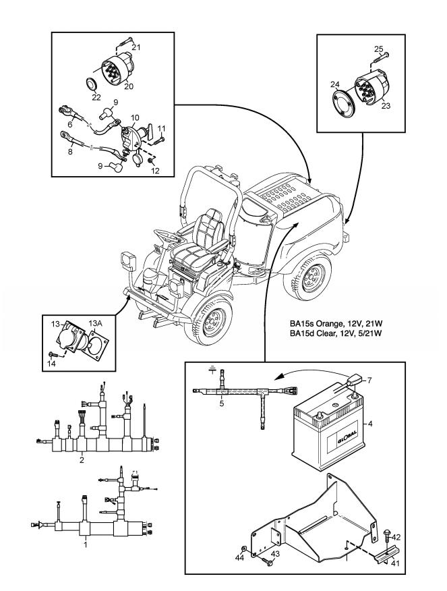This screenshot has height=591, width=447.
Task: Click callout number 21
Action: click(x=136, y=47)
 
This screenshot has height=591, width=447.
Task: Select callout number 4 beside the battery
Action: click(x=390, y=424)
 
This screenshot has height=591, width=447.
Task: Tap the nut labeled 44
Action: click(x=241, y=549)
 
